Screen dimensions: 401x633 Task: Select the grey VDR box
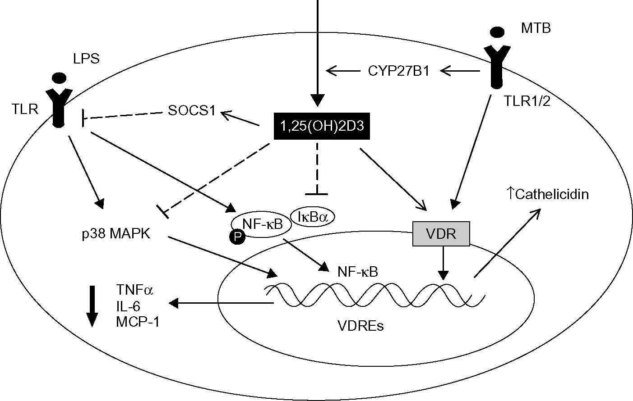441,234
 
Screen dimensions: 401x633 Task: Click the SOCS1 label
191,111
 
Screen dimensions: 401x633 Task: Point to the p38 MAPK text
116,235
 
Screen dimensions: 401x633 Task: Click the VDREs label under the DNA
360,325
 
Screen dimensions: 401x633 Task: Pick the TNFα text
134,290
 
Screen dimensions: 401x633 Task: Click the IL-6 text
128,306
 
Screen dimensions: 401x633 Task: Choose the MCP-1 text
137,322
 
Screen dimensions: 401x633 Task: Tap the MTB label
536,28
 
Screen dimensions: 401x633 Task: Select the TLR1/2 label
527,102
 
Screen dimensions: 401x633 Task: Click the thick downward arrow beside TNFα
92,306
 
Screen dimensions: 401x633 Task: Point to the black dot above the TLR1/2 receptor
497,32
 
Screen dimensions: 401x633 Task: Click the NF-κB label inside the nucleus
357,272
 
